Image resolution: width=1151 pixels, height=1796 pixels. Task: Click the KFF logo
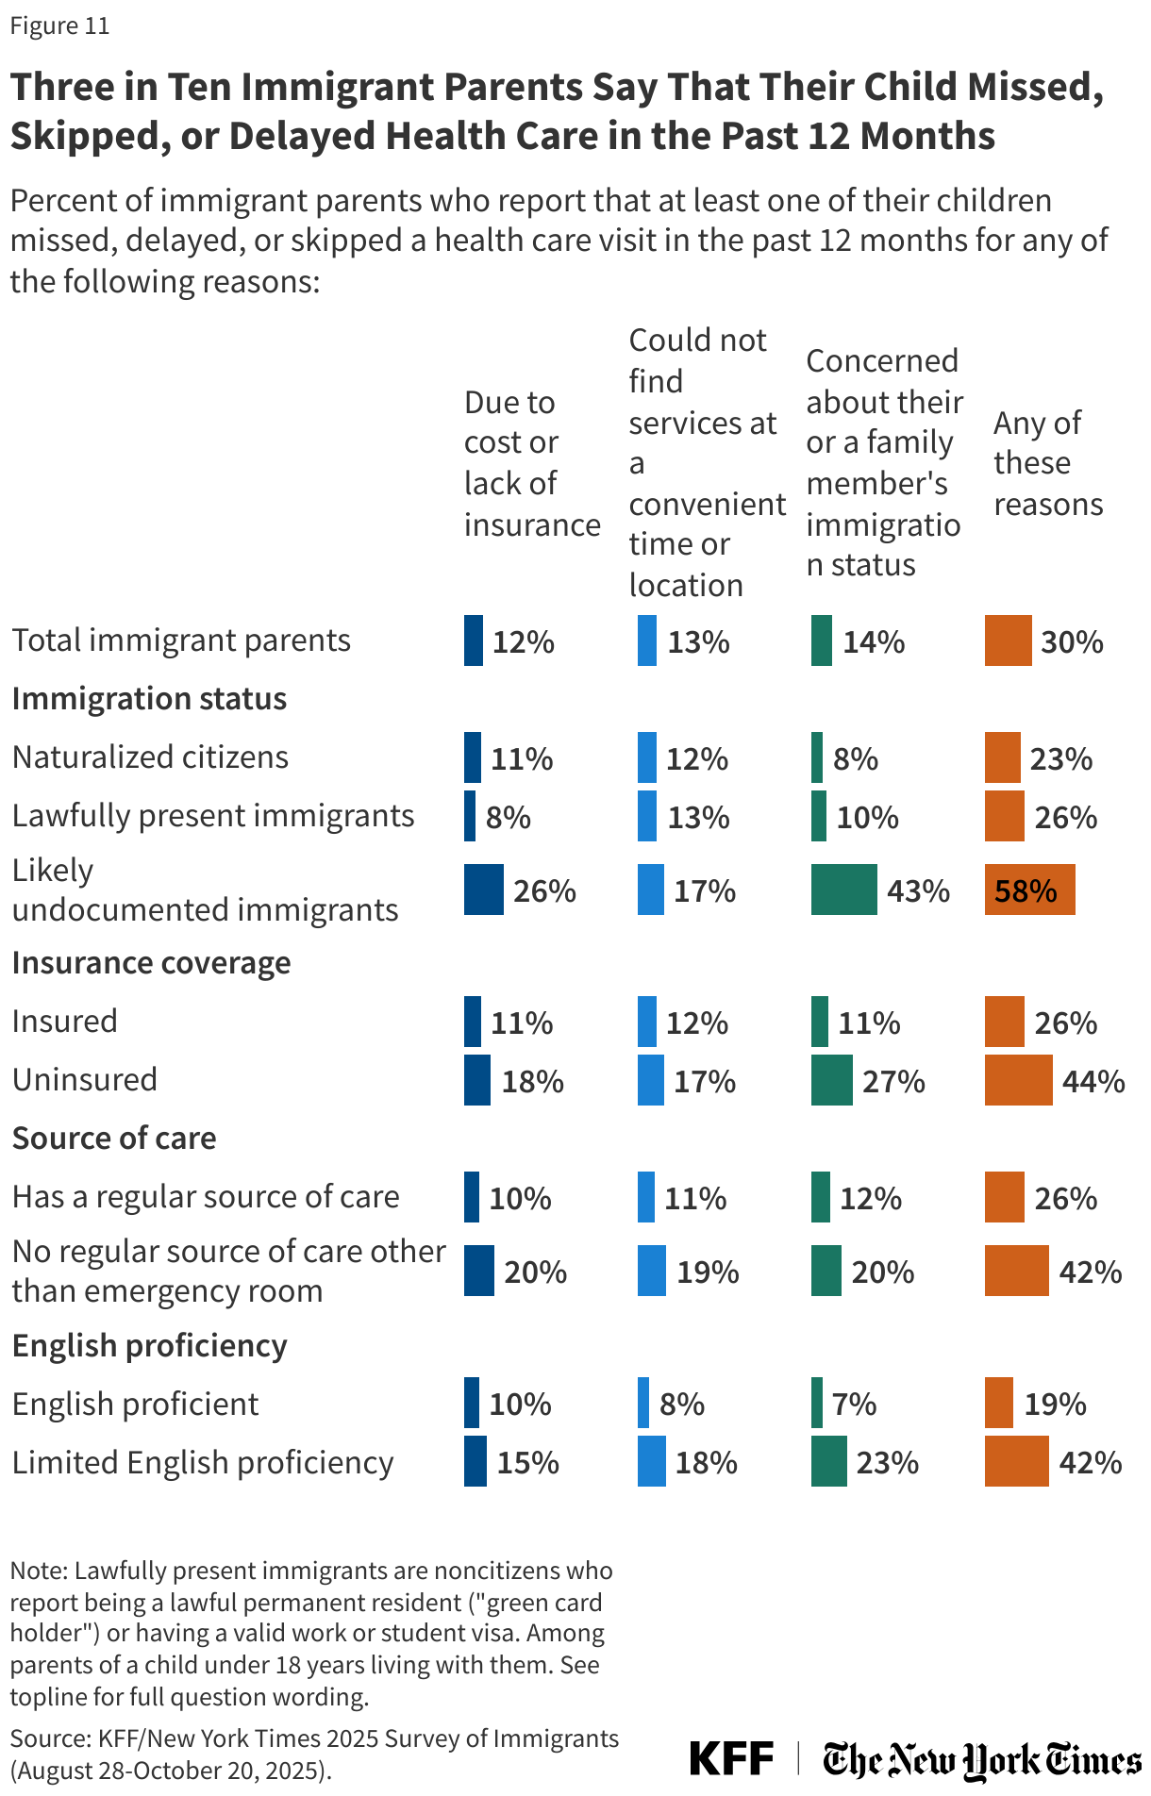tap(731, 1758)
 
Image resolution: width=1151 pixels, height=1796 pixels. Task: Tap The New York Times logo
tap(981, 1760)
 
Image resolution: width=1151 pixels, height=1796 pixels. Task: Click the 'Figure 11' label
tap(59, 26)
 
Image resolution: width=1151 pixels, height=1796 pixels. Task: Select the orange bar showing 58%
tap(1029, 890)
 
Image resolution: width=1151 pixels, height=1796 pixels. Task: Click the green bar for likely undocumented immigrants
tap(843, 890)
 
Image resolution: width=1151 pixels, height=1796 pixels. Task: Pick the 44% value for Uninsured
tap(1093, 1081)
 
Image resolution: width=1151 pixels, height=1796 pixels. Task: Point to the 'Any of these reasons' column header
tap(1047, 463)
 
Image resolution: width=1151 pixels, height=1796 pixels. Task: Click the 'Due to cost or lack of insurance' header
tap(531, 463)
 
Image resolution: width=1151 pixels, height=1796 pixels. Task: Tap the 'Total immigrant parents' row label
tap(181, 640)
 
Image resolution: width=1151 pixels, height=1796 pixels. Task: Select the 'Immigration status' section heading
tap(149, 699)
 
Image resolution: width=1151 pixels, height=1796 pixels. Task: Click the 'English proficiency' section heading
tap(149, 1345)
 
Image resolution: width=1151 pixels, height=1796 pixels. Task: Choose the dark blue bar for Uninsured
tap(476, 1081)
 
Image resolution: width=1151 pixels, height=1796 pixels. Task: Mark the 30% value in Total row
tap(1072, 642)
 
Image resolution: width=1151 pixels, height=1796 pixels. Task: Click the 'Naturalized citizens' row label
tap(150, 757)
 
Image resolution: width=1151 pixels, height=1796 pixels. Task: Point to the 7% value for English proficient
tap(855, 1405)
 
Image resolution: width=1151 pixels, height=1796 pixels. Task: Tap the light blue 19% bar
tap(652, 1272)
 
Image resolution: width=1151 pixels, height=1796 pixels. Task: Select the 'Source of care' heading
tap(114, 1139)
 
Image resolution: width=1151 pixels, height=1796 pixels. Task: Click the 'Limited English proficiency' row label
tap(203, 1463)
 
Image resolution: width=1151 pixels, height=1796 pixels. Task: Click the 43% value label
tap(918, 891)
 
